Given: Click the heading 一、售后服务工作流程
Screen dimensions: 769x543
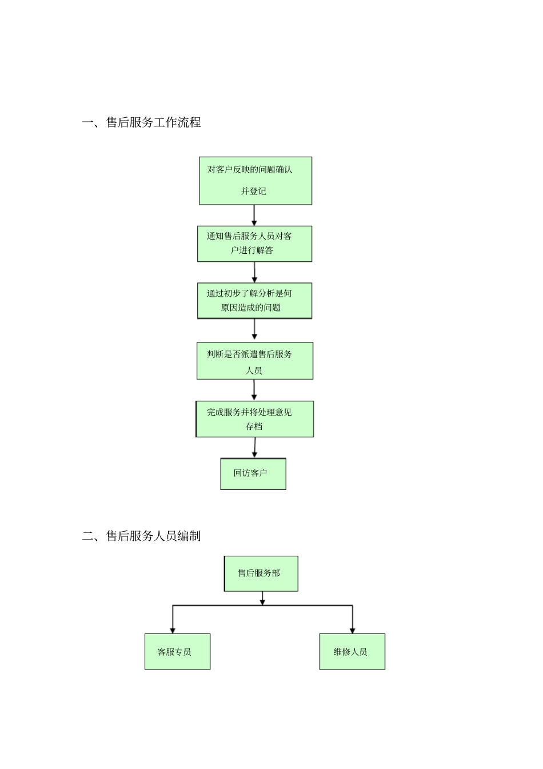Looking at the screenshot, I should coord(142,122).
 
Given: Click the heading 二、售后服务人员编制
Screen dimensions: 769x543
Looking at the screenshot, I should coord(142,536).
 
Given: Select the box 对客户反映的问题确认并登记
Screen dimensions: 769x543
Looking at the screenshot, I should coord(255,181).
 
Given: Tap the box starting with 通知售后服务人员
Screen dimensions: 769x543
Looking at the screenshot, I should coord(254,244).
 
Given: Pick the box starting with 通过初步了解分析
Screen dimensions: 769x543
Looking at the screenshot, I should coord(254,301).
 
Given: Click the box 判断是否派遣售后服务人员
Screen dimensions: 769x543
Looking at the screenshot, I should coord(255,361).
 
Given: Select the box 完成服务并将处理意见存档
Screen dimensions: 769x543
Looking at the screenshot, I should coord(255,419).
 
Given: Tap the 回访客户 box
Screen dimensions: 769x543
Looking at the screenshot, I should coord(253,473).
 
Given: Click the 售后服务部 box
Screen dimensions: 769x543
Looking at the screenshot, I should coord(261,573).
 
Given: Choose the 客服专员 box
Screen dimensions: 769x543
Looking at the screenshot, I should coord(177,651).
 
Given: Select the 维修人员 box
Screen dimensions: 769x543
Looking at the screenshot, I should coord(352,651).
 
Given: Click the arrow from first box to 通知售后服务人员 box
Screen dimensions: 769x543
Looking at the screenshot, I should coord(254,215).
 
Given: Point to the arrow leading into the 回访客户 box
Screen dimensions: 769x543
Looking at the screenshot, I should coord(254,448).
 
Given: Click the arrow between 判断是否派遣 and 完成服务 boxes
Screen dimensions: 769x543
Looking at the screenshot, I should coord(254,390).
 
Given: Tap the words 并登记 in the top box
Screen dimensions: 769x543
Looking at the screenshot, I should coord(253,191).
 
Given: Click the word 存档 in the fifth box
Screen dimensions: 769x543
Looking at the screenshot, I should coord(254,427).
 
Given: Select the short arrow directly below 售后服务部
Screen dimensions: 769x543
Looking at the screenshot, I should coord(262,598).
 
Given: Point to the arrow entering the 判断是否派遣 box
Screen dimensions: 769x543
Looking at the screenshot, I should coord(254,330).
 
